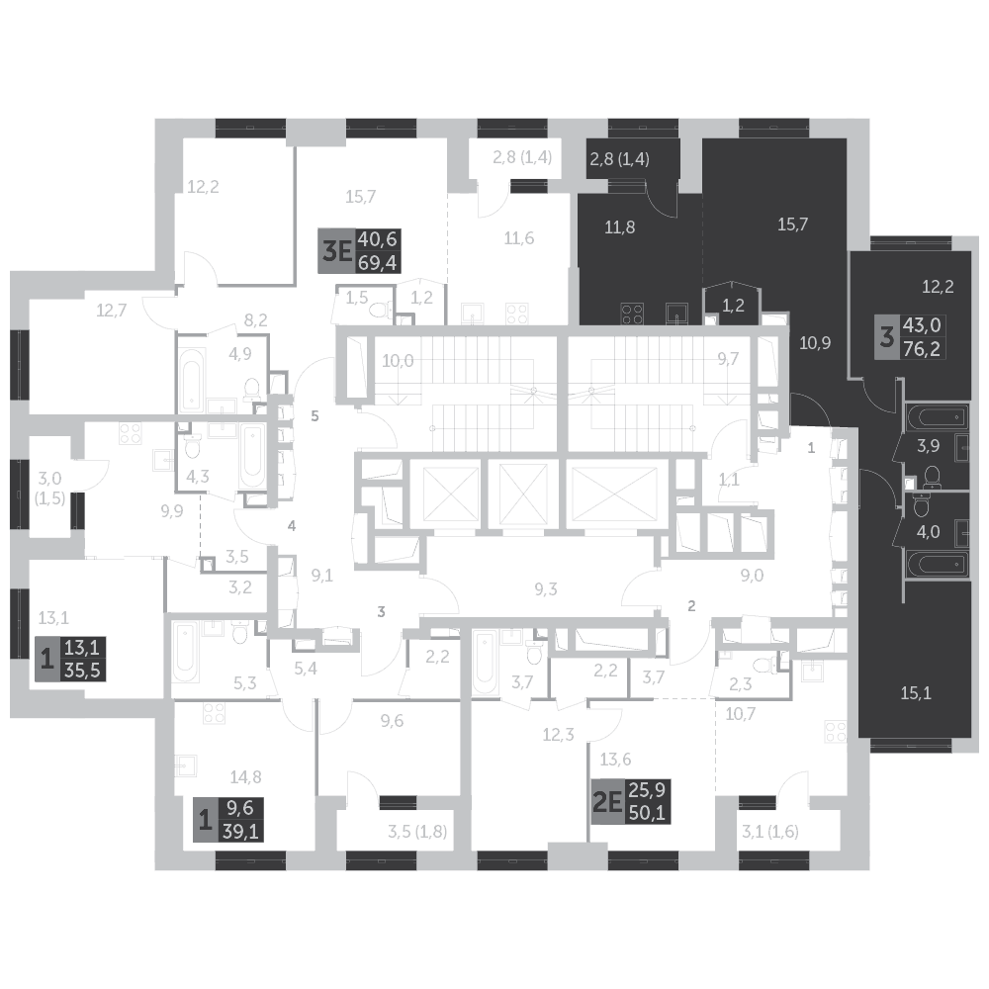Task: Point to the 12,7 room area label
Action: click(x=112, y=310)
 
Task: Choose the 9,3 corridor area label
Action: click(x=546, y=590)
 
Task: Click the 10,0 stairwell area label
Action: click(x=397, y=360)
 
